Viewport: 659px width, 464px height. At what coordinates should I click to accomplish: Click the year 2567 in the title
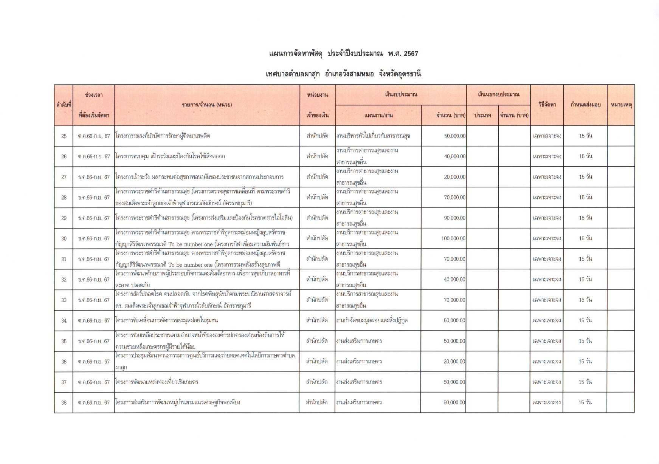click(411, 54)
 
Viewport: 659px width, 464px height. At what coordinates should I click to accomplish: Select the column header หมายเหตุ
click(621, 105)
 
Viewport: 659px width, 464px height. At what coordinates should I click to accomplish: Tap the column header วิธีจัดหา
click(547, 105)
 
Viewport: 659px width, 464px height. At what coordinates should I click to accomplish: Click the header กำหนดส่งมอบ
click(585, 105)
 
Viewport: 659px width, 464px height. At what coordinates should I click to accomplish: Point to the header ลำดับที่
click(64, 105)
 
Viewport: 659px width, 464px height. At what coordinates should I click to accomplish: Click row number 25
click(64, 136)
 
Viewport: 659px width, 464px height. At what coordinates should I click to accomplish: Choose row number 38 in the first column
click(64, 402)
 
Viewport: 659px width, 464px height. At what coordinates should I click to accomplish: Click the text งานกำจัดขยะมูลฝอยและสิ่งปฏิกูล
click(372, 320)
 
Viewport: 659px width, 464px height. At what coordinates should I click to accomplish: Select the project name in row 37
click(157, 382)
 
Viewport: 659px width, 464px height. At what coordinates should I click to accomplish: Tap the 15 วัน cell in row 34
click(585, 320)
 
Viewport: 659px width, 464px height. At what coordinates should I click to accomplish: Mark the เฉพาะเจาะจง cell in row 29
click(547, 218)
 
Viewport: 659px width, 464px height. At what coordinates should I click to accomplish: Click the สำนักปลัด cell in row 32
click(317, 280)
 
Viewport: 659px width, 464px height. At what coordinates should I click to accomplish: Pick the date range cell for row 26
click(94, 156)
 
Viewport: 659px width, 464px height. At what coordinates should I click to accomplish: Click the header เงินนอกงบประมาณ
click(498, 94)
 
